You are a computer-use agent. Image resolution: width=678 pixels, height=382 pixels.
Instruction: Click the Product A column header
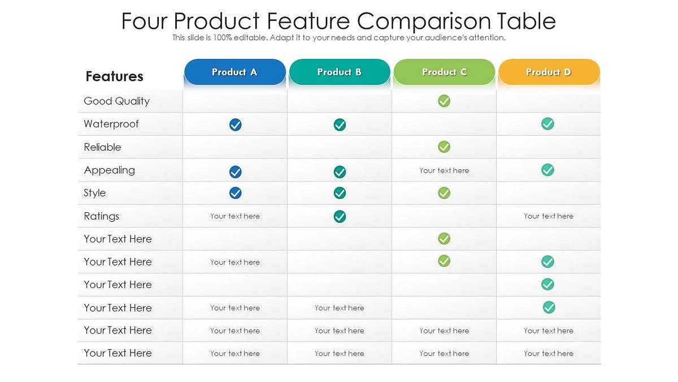pos(234,72)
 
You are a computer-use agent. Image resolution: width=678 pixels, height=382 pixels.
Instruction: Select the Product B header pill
pos(339,72)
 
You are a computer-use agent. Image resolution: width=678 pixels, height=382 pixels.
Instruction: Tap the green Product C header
pos(444,72)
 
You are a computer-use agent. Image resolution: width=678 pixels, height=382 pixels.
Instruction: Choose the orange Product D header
pos(549,72)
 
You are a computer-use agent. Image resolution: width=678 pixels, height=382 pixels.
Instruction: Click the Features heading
pos(114,76)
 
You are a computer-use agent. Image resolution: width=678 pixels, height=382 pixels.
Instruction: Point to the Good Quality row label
pos(116,101)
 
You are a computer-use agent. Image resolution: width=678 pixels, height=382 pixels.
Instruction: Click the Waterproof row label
pos(111,124)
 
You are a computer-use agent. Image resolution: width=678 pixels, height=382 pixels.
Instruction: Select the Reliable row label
pos(102,147)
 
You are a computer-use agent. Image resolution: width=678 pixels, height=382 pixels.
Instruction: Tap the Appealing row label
pos(109,170)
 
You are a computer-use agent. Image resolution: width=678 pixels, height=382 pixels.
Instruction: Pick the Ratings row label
pos(101,216)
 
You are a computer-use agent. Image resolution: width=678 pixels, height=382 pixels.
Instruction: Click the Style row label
pos(94,193)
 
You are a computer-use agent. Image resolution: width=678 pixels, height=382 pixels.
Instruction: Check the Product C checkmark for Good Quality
pos(444,101)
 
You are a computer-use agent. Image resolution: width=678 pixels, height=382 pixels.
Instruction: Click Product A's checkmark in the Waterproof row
pos(236,125)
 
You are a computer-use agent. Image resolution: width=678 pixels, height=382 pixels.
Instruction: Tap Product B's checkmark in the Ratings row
pos(340,216)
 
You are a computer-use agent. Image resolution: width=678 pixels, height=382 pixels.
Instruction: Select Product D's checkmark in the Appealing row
pos(547,170)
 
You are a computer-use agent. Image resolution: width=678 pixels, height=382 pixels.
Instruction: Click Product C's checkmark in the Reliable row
pos(444,147)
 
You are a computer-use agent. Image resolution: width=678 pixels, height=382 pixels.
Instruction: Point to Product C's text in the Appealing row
pos(444,170)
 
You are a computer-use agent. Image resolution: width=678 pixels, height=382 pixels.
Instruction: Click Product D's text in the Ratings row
pos(548,216)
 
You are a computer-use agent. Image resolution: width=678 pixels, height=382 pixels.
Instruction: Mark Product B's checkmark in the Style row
pos(340,193)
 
